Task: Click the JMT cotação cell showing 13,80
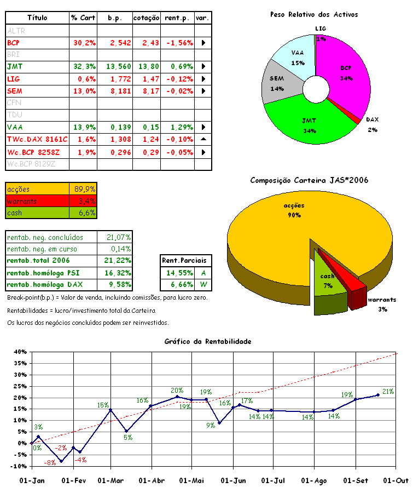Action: coord(147,66)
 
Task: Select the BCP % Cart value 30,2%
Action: coord(84,42)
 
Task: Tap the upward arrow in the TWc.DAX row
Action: coord(203,139)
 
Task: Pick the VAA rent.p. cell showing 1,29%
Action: coord(178,127)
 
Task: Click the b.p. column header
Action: coord(115,18)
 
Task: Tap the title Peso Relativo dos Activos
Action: coord(314,15)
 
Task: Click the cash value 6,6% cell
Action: coord(84,213)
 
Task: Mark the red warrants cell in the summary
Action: coord(37,201)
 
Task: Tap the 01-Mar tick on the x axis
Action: coord(111,480)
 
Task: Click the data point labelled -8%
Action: coord(61,461)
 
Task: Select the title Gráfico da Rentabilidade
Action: coord(208,341)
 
